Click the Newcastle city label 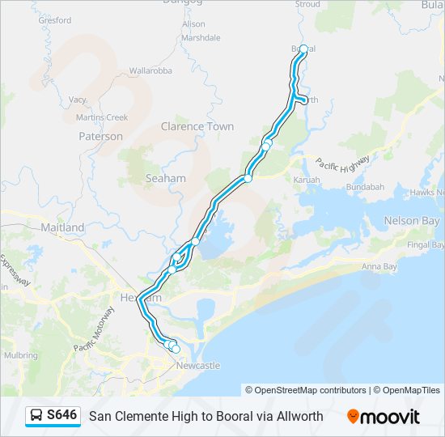coord(198,366)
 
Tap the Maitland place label coord(62,228)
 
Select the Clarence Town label coord(197,126)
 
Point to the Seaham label coord(165,178)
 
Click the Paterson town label coord(100,137)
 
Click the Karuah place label coord(307,179)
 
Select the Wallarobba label coord(150,71)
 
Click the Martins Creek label coord(102,117)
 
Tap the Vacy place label coord(77,100)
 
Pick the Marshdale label coord(201,37)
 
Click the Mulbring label coord(20,354)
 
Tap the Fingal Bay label coord(426,244)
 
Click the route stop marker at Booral coord(303,49)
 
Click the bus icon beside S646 coord(36,415)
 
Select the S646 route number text coord(61,415)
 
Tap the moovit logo coord(384,416)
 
